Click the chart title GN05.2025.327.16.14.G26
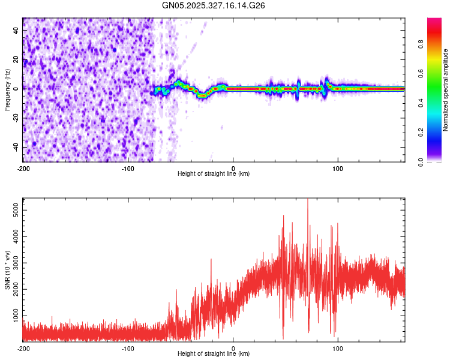pyautogui.click(x=214, y=6)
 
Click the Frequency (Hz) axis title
pyautogui.click(x=7, y=90)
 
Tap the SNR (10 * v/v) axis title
pyautogui.click(x=7, y=269)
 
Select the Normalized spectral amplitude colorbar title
pyautogui.click(x=446, y=90)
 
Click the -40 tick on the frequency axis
pyautogui.click(x=16, y=147)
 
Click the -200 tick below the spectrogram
pyautogui.click(x=23, y=169)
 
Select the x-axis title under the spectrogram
pyautogui.click(x=214, y=174)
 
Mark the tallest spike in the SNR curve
pyautogui.click(x=307, y=200)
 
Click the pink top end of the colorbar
pyautogui.click(x=434, y=21)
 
